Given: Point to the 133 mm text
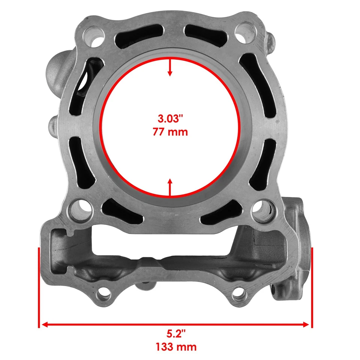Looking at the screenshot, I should click(176, 347).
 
